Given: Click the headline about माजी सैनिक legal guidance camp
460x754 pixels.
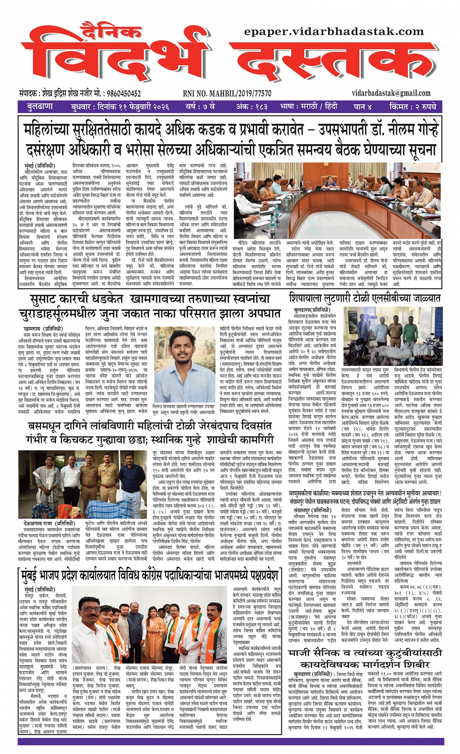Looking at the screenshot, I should [365, 658].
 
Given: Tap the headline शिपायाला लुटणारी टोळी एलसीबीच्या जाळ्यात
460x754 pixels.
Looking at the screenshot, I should [365, 298].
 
